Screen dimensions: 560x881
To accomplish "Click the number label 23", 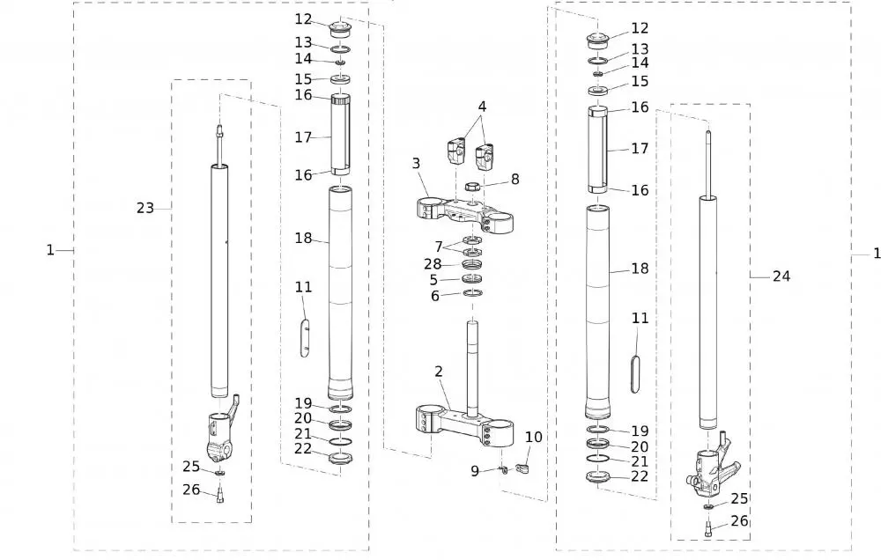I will [145, 208].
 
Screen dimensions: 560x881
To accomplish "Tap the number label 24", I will [781, 276].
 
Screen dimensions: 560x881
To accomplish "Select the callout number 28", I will [432, 264].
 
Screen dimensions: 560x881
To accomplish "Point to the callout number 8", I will [515, 179].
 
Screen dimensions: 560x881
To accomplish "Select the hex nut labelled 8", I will [471, 187].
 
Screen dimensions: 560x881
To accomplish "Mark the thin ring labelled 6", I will [473, 293].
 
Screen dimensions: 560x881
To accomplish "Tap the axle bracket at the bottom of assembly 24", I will [711, 471].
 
